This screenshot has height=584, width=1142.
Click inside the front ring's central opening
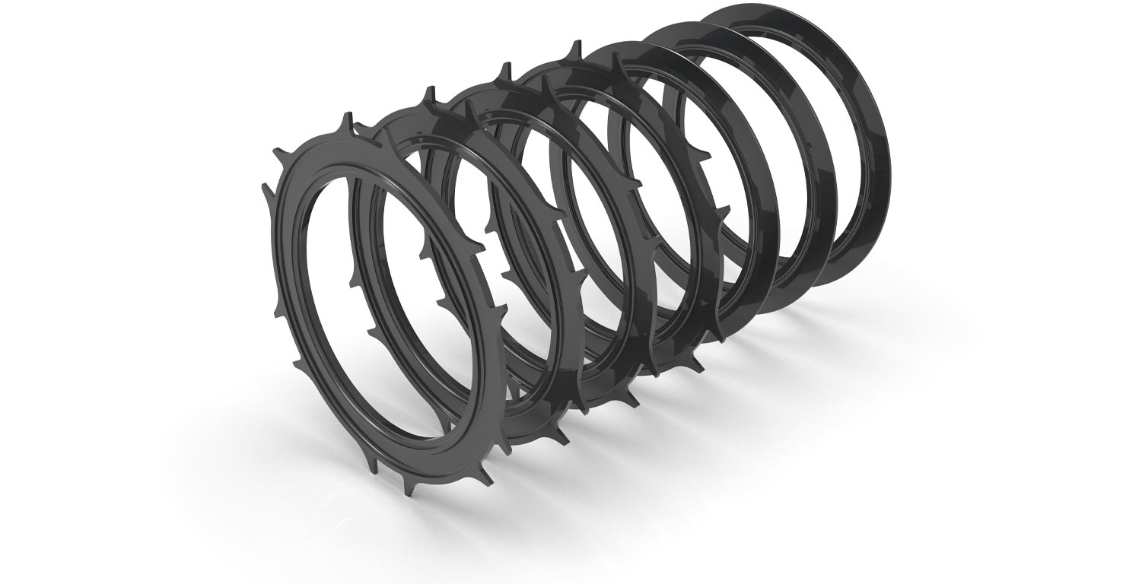380,304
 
